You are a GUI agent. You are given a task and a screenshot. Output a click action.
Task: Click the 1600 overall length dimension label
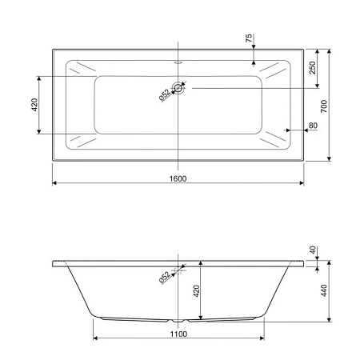coord(178,178)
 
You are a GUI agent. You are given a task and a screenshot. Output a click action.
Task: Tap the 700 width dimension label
coord(324,106)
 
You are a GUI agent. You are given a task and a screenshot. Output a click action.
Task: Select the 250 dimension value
coord(312,68)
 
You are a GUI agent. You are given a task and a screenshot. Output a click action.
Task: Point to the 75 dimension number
coord(249,38)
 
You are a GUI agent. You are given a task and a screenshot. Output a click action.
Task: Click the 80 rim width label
coord(313,126)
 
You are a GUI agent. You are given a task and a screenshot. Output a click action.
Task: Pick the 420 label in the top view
coord(34,105)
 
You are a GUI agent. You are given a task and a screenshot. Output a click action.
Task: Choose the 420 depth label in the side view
coord(197,291)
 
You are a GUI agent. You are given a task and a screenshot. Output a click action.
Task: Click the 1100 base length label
coord(178,334)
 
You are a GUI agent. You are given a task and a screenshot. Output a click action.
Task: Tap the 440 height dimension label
coord(324,290)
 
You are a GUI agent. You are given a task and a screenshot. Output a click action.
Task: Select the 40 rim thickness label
coord(313,250)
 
